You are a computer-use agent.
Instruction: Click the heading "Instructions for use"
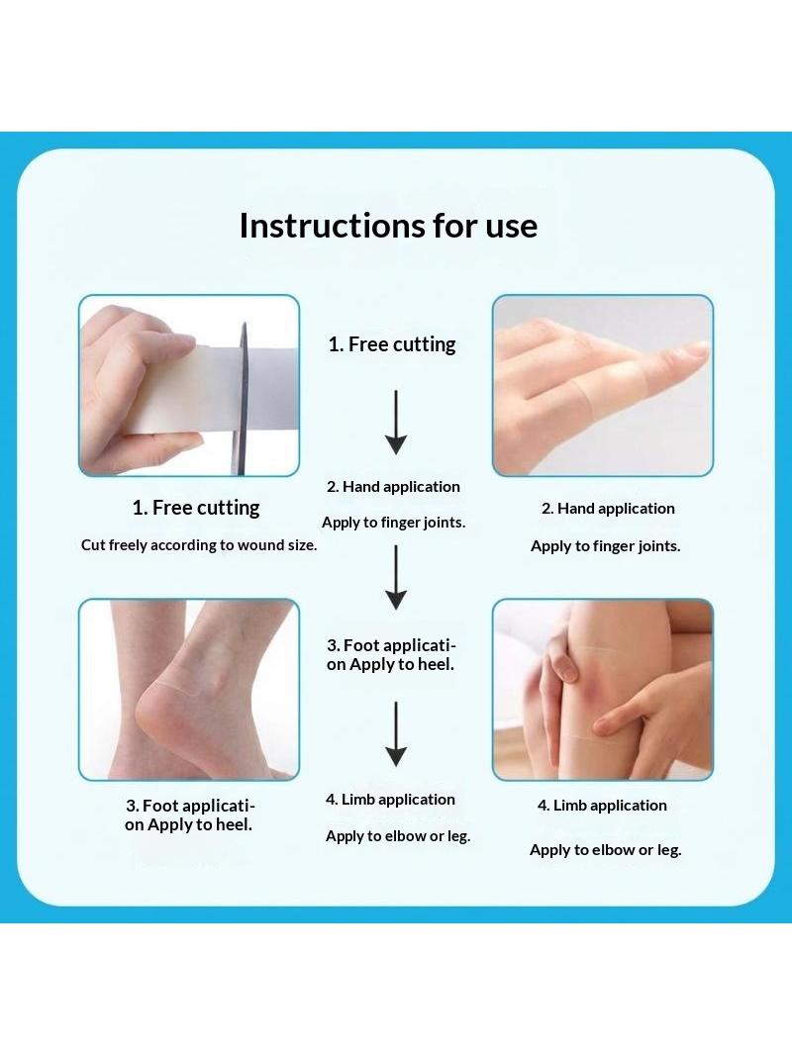[x=388, y=226]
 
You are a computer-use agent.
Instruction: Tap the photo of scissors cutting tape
[x=189, y=386]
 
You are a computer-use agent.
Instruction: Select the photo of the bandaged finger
[x=603, y=386]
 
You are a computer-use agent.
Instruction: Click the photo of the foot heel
[x=189, y=690]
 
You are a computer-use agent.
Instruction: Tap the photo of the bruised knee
[x=603, y=690]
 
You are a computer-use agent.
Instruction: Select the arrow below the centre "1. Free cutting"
[x=396, y=422]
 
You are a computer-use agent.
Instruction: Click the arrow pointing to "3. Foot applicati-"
[x=396, y=577]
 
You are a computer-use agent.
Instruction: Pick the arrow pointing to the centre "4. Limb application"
[x=396, y=734]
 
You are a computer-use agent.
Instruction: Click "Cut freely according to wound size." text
[x=199, y=545]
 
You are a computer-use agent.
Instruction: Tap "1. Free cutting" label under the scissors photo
[x=196, y=508]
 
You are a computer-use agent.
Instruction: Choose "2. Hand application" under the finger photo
[x=608, y=509]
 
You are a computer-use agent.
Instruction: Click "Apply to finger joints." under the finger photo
[x=606, y=546]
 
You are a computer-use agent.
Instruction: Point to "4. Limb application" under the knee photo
[x=602, y=806]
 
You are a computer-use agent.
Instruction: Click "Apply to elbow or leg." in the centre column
[x=398, y=836]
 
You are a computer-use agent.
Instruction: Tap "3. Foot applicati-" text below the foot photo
[x=190, y=806]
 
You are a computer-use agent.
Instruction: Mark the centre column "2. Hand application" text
[x=394, y=487]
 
